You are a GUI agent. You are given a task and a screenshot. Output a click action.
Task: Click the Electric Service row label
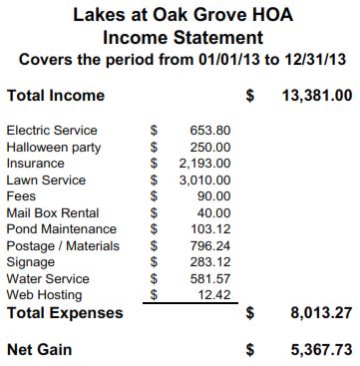tap(52, 131)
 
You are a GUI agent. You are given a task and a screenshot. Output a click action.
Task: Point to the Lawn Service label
tap(46, 181)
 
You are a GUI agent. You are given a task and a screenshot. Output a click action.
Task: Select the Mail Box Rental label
tap(49, 212)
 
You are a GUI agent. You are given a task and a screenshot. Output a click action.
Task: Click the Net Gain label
tap(39, 350)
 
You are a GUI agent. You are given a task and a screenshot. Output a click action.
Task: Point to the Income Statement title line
tap(182, 38)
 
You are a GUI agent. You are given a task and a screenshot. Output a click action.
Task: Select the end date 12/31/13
tap(315, 60)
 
